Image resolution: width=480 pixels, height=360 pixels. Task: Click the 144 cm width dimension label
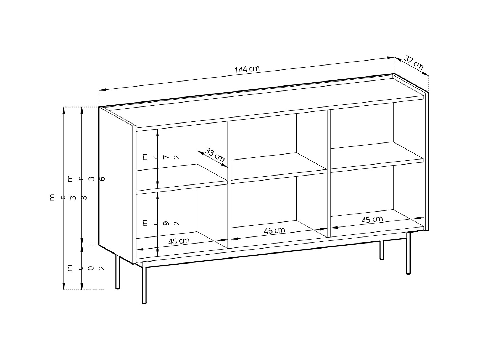(247, 69)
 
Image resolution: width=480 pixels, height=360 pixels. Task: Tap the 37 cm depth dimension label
(414, 63)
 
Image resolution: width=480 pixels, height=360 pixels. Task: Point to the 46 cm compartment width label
(274, 230)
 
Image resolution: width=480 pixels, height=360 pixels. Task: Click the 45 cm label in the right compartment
(372, 219)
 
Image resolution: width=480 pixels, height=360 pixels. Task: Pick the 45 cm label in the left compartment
(179, 241)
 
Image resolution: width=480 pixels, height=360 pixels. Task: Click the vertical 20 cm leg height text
(85, 268)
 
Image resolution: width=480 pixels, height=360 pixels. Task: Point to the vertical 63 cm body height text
(85, 178)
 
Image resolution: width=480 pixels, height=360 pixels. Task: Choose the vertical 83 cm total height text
(68, 197)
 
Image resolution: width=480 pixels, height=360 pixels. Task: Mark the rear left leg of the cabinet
(118, 272)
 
